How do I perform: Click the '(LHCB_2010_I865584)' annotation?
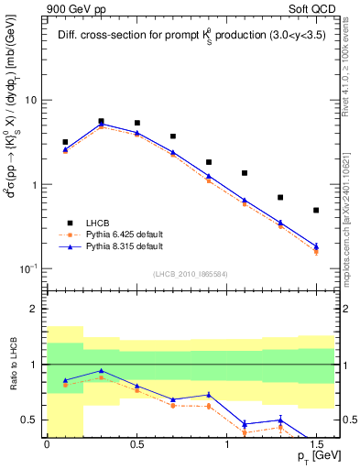pyautogui.click(x=190, y=274)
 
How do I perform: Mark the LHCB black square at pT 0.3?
pyautogui.click(x=101, y=121)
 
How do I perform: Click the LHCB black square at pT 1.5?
pyautogui.click(x=316, y=210)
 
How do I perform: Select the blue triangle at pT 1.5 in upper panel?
pyautogui.click(x=316, y=245)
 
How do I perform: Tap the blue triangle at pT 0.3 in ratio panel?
pyautogui.click(x=101, y=371)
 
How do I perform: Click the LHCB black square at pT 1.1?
pyautogui.click(x=245, y=173)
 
